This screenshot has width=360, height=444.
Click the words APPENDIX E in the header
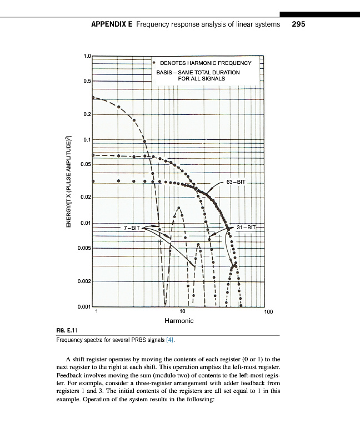[111, 24]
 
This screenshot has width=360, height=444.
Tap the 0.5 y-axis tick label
[87, 81]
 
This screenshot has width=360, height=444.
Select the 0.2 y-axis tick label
[87, 114]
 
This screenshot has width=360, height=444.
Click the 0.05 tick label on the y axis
[86, 164]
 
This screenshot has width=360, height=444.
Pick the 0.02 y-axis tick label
[86, 198]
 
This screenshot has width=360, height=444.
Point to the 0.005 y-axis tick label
[84, 248]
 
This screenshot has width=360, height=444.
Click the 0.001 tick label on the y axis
[84, 306]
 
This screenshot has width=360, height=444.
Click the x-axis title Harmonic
[179, 321]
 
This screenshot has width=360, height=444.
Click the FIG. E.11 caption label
[67, 331]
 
